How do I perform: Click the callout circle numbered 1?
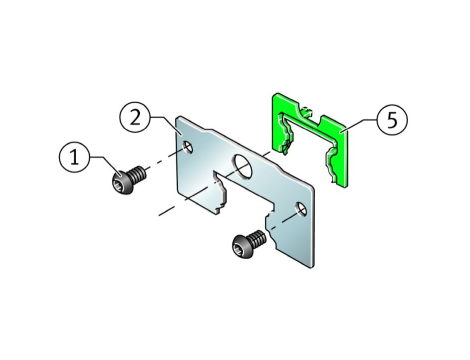74,157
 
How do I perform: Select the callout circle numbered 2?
135,117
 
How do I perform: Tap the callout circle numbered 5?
392,120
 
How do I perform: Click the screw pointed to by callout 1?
128,179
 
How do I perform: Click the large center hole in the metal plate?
243,166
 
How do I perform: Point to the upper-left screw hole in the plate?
188,147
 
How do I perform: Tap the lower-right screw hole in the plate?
302,209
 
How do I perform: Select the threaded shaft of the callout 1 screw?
138,174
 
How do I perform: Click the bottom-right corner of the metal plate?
312,267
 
